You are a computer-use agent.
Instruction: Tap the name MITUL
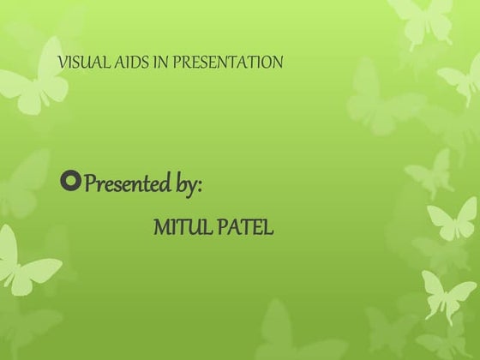point(177,229)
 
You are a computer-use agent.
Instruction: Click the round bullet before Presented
point(72,182)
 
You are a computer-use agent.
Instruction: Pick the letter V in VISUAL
point(60,63)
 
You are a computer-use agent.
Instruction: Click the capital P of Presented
point(92,183)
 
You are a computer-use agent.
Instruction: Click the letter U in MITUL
point(188,229)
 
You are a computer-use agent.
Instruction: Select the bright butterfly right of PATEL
point(452,221)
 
